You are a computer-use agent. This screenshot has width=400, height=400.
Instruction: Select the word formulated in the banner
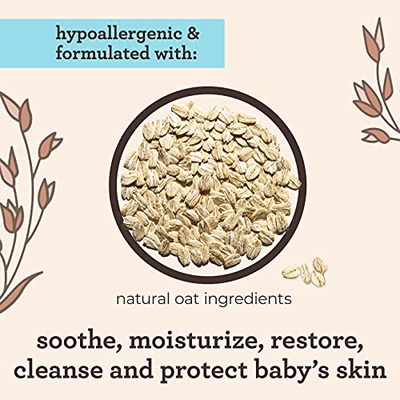tap(102, 53)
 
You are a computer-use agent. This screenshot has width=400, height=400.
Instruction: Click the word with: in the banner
tap(176, 53)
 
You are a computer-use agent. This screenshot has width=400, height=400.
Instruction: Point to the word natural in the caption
tap(142, 299)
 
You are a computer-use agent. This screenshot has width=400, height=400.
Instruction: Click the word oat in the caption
tap(186, 299)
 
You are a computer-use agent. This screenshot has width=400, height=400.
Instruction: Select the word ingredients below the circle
tap(247, 300)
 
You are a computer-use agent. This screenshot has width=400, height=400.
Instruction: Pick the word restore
tap(314, 342)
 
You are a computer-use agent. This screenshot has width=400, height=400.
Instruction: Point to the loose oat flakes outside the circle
tap(306, 270)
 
